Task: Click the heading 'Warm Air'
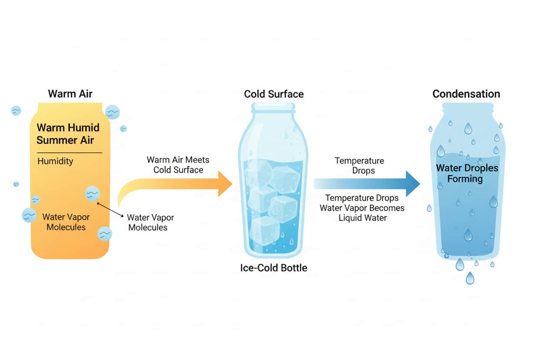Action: (70, 94)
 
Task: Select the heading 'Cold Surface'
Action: (274, 94)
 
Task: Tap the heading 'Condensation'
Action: (466, 94)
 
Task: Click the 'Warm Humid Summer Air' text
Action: (68, 134)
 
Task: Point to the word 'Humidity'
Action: (55, 161)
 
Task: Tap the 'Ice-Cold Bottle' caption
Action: (274, 268)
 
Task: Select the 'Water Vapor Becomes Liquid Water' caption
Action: (362, 208)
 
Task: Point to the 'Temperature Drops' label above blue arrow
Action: (359, 165)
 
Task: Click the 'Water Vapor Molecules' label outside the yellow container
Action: (150, 222)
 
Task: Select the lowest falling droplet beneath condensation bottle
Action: (470, 278)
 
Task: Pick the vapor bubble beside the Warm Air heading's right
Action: (113, 112)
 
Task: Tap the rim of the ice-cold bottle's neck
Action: (273, 107)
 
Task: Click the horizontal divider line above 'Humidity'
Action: (69, 153)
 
